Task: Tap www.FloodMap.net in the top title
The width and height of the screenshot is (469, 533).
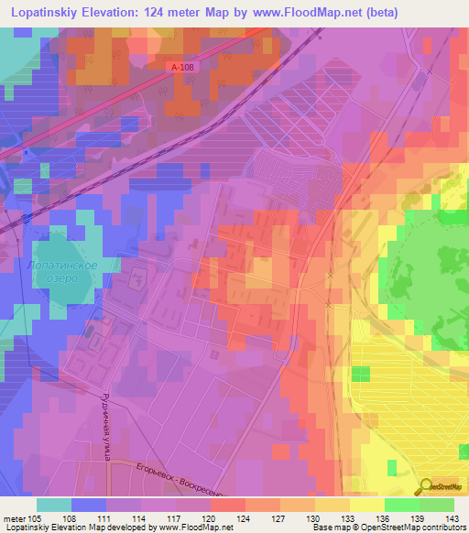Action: (348, 13)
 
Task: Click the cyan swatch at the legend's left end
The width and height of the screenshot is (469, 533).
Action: (54, 505)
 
